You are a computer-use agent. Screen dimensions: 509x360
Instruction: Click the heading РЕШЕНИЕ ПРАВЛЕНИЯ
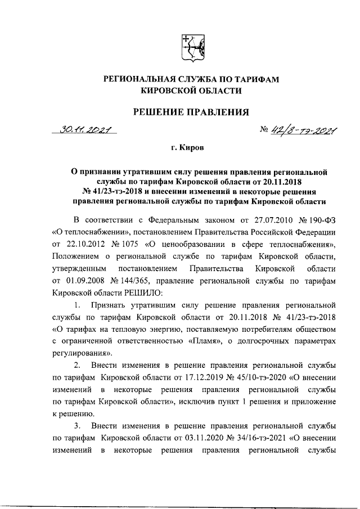pos(190,112)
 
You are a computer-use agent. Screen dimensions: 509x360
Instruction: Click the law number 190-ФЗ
pos(322,218)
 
